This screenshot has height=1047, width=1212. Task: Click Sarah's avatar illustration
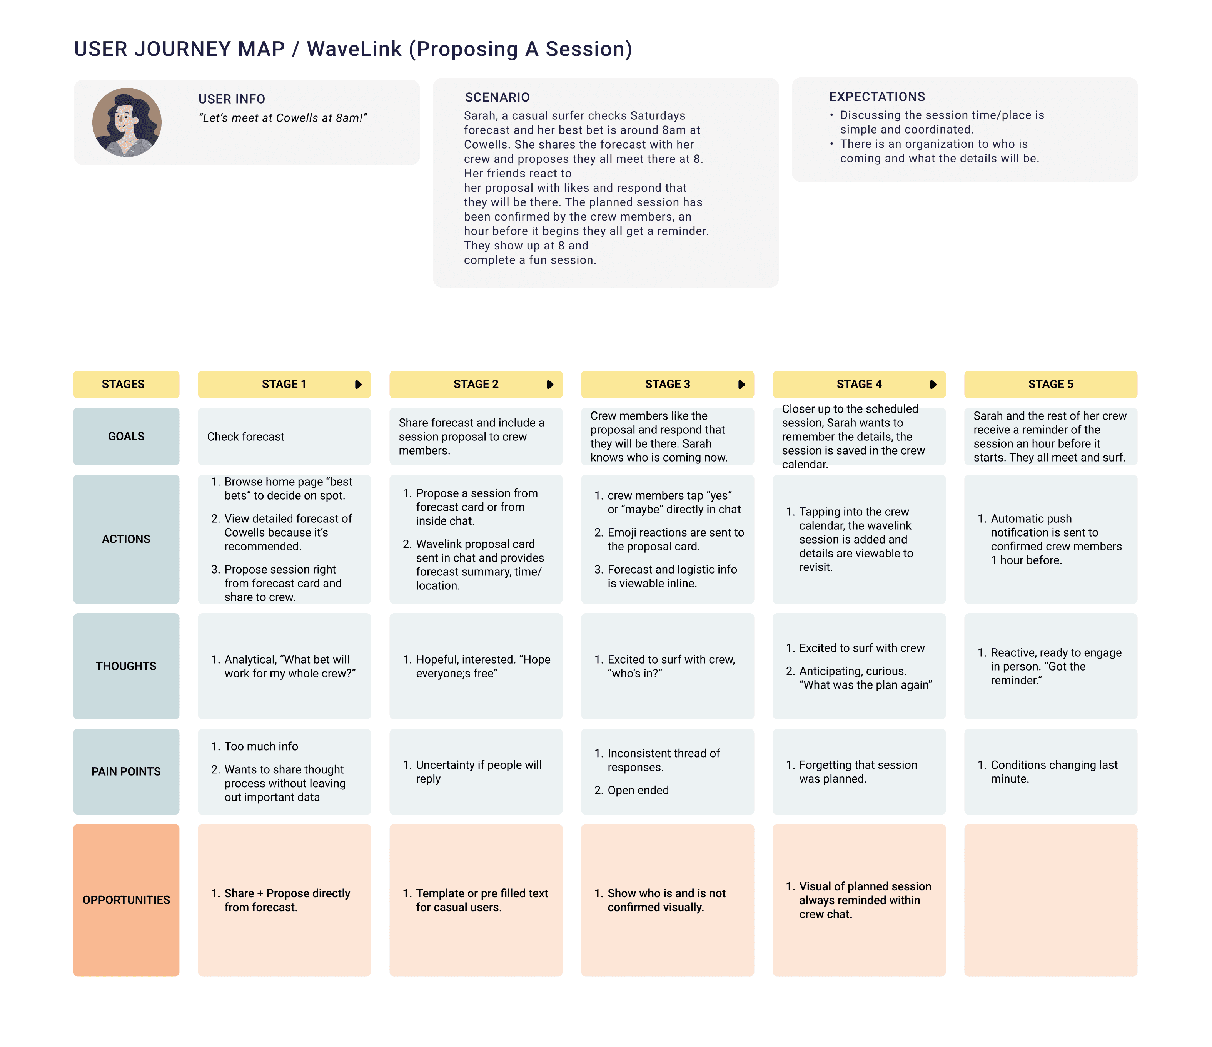click(x=127, y=122)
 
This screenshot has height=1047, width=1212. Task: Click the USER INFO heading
click(x=232, y=99)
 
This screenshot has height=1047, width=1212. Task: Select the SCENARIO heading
click(x=497, y=97)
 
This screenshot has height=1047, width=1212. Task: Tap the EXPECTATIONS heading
click(x=877, y=97)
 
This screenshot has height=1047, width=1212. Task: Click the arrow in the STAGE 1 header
click(x=358, y=385)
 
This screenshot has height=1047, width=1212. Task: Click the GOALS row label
click(x=126, y=437)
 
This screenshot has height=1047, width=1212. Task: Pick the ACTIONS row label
click(x=126, y=539)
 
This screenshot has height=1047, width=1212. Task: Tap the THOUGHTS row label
click(x=126, y=666)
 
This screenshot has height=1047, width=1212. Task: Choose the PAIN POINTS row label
click(x=126, y=771)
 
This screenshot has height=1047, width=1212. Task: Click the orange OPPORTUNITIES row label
click(x=126, y=900)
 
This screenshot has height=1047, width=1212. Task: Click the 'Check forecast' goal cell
click(x=246, y=437)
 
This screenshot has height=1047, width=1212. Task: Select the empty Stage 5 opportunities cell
click(x=1050, y=900)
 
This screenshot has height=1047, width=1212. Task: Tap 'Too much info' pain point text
click(x=261, y=746)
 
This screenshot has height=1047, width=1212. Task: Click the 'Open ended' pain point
click(x=638, y=790)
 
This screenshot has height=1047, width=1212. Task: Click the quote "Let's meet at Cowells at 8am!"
click(x=283, y=118)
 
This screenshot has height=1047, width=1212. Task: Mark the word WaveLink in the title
click(x=354, y=49)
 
